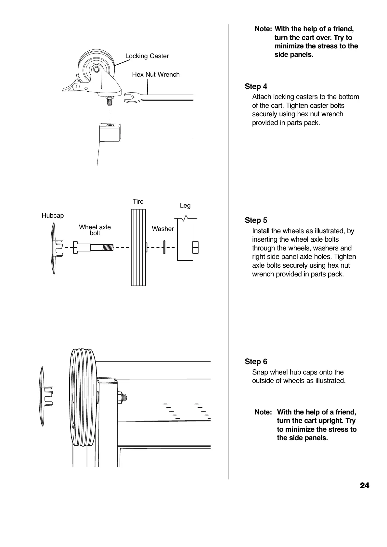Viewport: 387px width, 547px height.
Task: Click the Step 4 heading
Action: [x=256, y=86]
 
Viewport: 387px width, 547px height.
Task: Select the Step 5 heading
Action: [x=256, y=220]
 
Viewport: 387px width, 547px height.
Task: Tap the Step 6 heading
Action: [x=256, y=362]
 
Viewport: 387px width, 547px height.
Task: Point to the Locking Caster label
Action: [x=147, y=56]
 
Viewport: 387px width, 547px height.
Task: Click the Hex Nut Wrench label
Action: [x=156, y=75]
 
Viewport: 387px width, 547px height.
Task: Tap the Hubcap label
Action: [x=53, y=216]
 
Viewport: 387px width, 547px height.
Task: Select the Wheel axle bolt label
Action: [x=95, y=230]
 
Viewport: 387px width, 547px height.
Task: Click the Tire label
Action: [x=138, y=202]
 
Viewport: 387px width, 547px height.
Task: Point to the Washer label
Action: [x=163, y=229]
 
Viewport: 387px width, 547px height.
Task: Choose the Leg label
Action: [x=185, y=206]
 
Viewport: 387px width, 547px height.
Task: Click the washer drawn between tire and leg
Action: [x=164, y=247]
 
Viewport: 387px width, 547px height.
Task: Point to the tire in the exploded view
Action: [x=138, y=248]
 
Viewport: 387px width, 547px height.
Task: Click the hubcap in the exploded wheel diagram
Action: [x=55, y=248]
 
